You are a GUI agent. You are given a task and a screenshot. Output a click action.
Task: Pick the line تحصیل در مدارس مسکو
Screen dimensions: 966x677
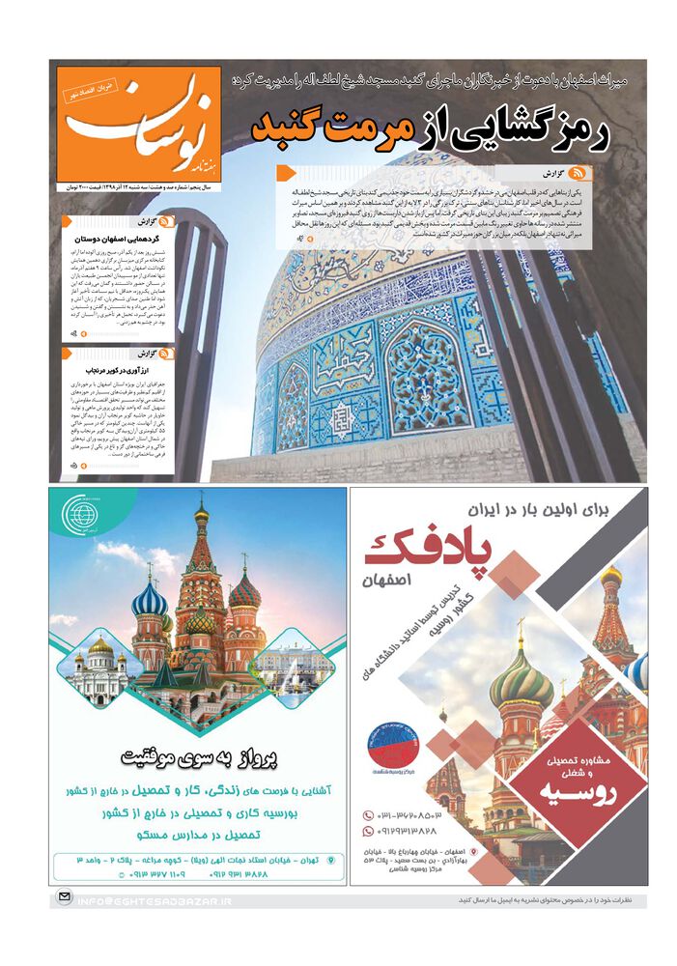coord(198,834)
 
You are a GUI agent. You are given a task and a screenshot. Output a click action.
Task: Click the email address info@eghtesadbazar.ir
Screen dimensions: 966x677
coord(154,900)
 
